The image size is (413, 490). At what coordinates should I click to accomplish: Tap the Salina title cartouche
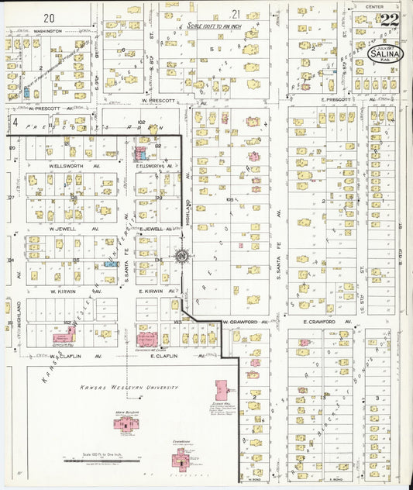pyautogui.click(x=385, y=53)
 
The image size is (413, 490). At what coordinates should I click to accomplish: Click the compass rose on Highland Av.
pyautogui.click(x=181, y=255)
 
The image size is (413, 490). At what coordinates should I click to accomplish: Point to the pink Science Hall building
pyautogui.click(x=223, y=388)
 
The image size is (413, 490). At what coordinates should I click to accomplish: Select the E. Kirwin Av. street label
pyautogui.click(x=150, y=291)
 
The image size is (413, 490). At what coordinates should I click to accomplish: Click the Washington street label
pyautogui.click(x=48, y=32)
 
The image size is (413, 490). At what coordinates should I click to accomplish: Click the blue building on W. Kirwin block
pyautogui.click(x=111, y=264)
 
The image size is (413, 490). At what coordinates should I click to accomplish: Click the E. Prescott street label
pyautogui.click(x=314, y=101)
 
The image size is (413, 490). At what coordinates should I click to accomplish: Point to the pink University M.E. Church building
pyautogui.click(x=146, y=338)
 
